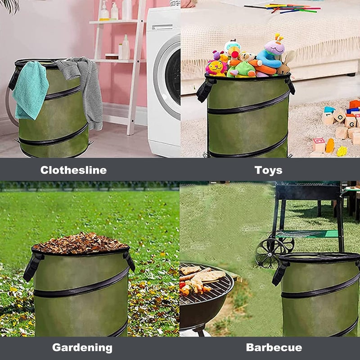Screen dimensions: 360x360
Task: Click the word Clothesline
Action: click(73, 170)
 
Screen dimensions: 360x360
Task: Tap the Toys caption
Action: click(268, 170)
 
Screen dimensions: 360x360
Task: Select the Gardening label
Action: click(82, 347)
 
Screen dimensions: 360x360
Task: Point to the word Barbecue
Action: click(274, 347)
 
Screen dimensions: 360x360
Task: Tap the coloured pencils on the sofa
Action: click(288, 8)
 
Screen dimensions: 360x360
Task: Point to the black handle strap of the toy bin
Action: click(205, 90)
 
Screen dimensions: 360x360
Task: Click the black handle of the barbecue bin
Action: click(279, 273)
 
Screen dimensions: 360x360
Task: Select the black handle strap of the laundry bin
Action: click(14, 79)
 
